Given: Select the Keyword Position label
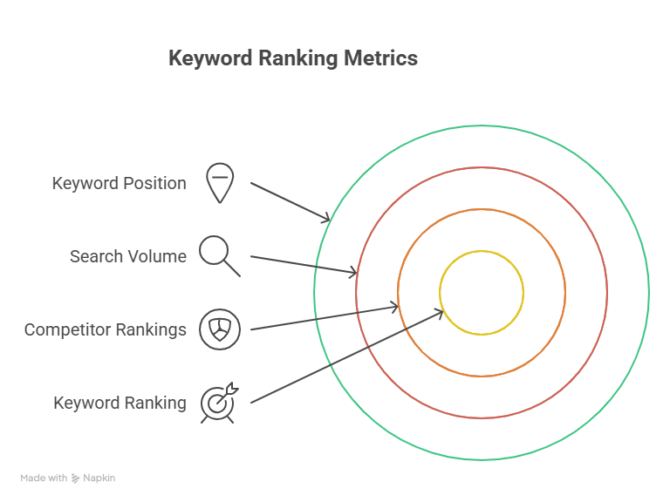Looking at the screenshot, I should click(x=119, y=183).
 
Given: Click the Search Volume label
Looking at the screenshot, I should click(x=127, y=256).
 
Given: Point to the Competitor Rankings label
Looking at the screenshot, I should click(x=105, y=329).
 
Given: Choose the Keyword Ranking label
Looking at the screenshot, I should click(x=120, y=403).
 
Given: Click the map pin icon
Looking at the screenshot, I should click(x=220, y=182).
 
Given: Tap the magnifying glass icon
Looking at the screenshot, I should click(x=218, y=254).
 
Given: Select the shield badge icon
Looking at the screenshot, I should click(x=220, y=329).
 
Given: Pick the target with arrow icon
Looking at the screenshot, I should click(x=218, y=403).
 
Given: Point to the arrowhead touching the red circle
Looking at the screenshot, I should click(x=354, y=273).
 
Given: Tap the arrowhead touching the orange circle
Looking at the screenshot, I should click(x=395, y=306).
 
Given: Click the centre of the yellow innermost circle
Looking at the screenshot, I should click(x=482, y=293).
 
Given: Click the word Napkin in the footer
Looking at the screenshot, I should click(x=99, y=478).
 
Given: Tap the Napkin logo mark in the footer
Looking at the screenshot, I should click(x=76, y=478).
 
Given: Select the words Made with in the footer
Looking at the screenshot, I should click(x=44, y=478).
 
